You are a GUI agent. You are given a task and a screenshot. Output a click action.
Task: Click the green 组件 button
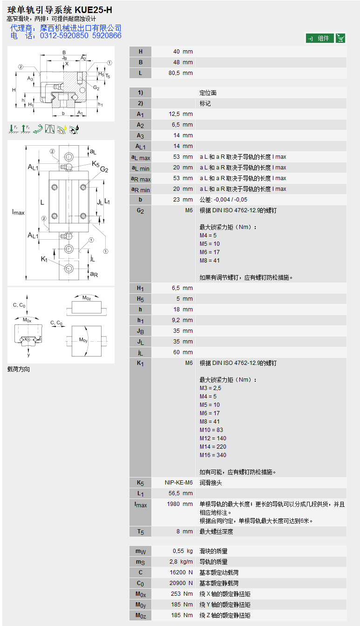point(319,38)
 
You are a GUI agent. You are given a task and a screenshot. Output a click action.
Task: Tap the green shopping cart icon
point(340,38)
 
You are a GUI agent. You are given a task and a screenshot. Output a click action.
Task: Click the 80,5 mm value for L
point(180,73)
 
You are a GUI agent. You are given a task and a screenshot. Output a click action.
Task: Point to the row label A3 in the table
point(140,135)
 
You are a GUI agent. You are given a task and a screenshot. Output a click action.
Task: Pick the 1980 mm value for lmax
point(179,504)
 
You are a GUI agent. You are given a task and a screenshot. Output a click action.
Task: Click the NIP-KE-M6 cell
point(179,483)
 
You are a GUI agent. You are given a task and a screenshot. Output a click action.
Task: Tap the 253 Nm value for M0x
point(181,594)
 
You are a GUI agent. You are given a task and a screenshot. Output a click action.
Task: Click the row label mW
point(140,552)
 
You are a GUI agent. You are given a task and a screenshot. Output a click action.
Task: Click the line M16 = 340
point(213,455)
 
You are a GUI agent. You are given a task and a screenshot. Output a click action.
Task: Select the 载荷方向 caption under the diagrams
point(19,370)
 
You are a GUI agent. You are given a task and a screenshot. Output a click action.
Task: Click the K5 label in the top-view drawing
point(95,163)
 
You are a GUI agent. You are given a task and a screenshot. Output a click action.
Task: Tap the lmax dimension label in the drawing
point(18,212)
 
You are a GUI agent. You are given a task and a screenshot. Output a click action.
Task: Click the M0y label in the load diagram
point(83,340)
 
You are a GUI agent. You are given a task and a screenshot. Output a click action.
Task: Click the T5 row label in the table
point(140,532)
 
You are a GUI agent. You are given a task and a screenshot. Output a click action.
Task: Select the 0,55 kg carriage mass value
point(183,551)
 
